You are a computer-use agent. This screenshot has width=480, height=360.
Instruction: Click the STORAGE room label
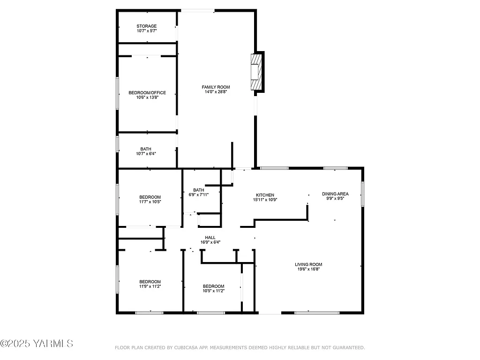pyautogui.click(x=147, y=26)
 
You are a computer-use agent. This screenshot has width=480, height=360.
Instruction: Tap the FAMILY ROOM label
pyautogui.click(x=216, y=87)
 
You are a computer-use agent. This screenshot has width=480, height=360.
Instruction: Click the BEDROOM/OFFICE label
pyautogui.click(x=147, y=93)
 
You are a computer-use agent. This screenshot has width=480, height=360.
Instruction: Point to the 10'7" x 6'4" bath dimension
pyautogui.click(x=147, y=154)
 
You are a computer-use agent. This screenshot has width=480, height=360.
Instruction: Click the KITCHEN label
pyautogui.click(x=265, y=195)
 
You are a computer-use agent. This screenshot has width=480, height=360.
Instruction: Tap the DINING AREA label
pyautogui.click(x=335, y=194)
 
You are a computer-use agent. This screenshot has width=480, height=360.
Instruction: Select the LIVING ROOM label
pyautogui.click(x=308, y=264)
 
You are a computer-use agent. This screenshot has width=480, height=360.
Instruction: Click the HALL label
pyautogui.click(x=210, y=237)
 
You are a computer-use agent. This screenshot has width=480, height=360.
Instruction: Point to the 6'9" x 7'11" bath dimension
pyautogui.click(x=199, y=195)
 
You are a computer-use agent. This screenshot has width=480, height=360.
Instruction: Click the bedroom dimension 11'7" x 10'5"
pyautogui.click(x=150, y=202)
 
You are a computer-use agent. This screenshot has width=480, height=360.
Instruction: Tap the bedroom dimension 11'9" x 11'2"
pyautogui.click(x=150, y=286)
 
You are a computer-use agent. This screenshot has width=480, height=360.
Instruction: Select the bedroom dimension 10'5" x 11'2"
pyautogui.click(x=213, y=291)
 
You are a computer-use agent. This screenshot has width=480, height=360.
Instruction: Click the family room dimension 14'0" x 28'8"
pyautogui.click(x=216, y=92)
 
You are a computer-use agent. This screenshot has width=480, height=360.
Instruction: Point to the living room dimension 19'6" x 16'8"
pyautogui.click(x=308, y=269)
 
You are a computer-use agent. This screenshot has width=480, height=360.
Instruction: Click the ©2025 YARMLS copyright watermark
pyautogui.click(x=37, y=344)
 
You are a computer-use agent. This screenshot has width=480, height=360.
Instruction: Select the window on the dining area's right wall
pyautogui.click(x=362, y=194)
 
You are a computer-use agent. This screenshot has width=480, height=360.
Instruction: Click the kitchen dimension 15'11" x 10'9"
pyautogui.click(x=265, y=200)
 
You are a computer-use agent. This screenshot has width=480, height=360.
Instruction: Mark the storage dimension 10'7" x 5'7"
pyautogui.click(x=147, y=31)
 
